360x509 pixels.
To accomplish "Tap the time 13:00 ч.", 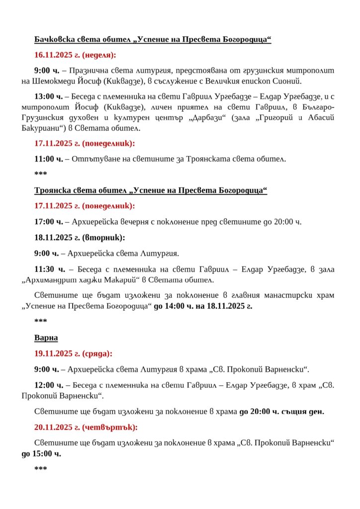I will (48, 96).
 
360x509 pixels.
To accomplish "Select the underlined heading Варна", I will (46, 338).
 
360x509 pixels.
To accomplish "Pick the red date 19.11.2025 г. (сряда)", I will (73, 353).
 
